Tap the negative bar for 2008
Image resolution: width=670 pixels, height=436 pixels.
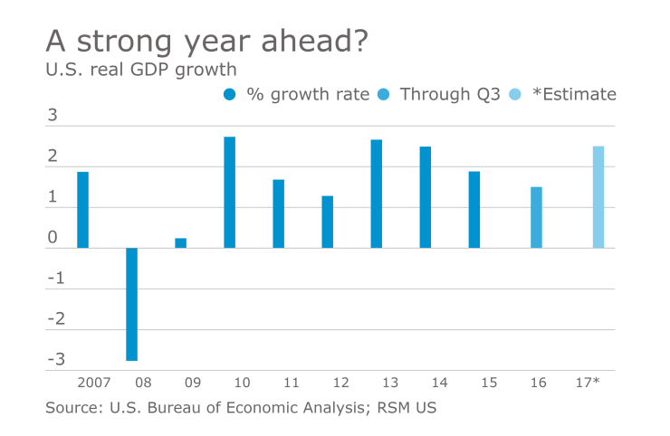131,304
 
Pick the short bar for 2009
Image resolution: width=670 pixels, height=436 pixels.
180,242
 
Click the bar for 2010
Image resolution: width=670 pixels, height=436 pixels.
229,192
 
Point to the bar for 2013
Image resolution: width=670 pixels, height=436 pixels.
376,194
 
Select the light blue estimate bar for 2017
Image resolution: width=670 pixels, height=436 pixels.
598,196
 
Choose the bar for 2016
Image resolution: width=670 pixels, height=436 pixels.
536,217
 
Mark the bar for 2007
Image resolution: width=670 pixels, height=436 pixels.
82,209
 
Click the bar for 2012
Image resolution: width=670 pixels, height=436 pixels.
327,222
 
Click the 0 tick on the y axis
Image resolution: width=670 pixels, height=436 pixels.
53,238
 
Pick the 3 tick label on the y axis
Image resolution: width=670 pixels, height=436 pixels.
53,116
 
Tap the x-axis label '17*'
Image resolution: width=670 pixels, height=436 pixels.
587,384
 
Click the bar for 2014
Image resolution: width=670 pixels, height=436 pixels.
425,196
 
